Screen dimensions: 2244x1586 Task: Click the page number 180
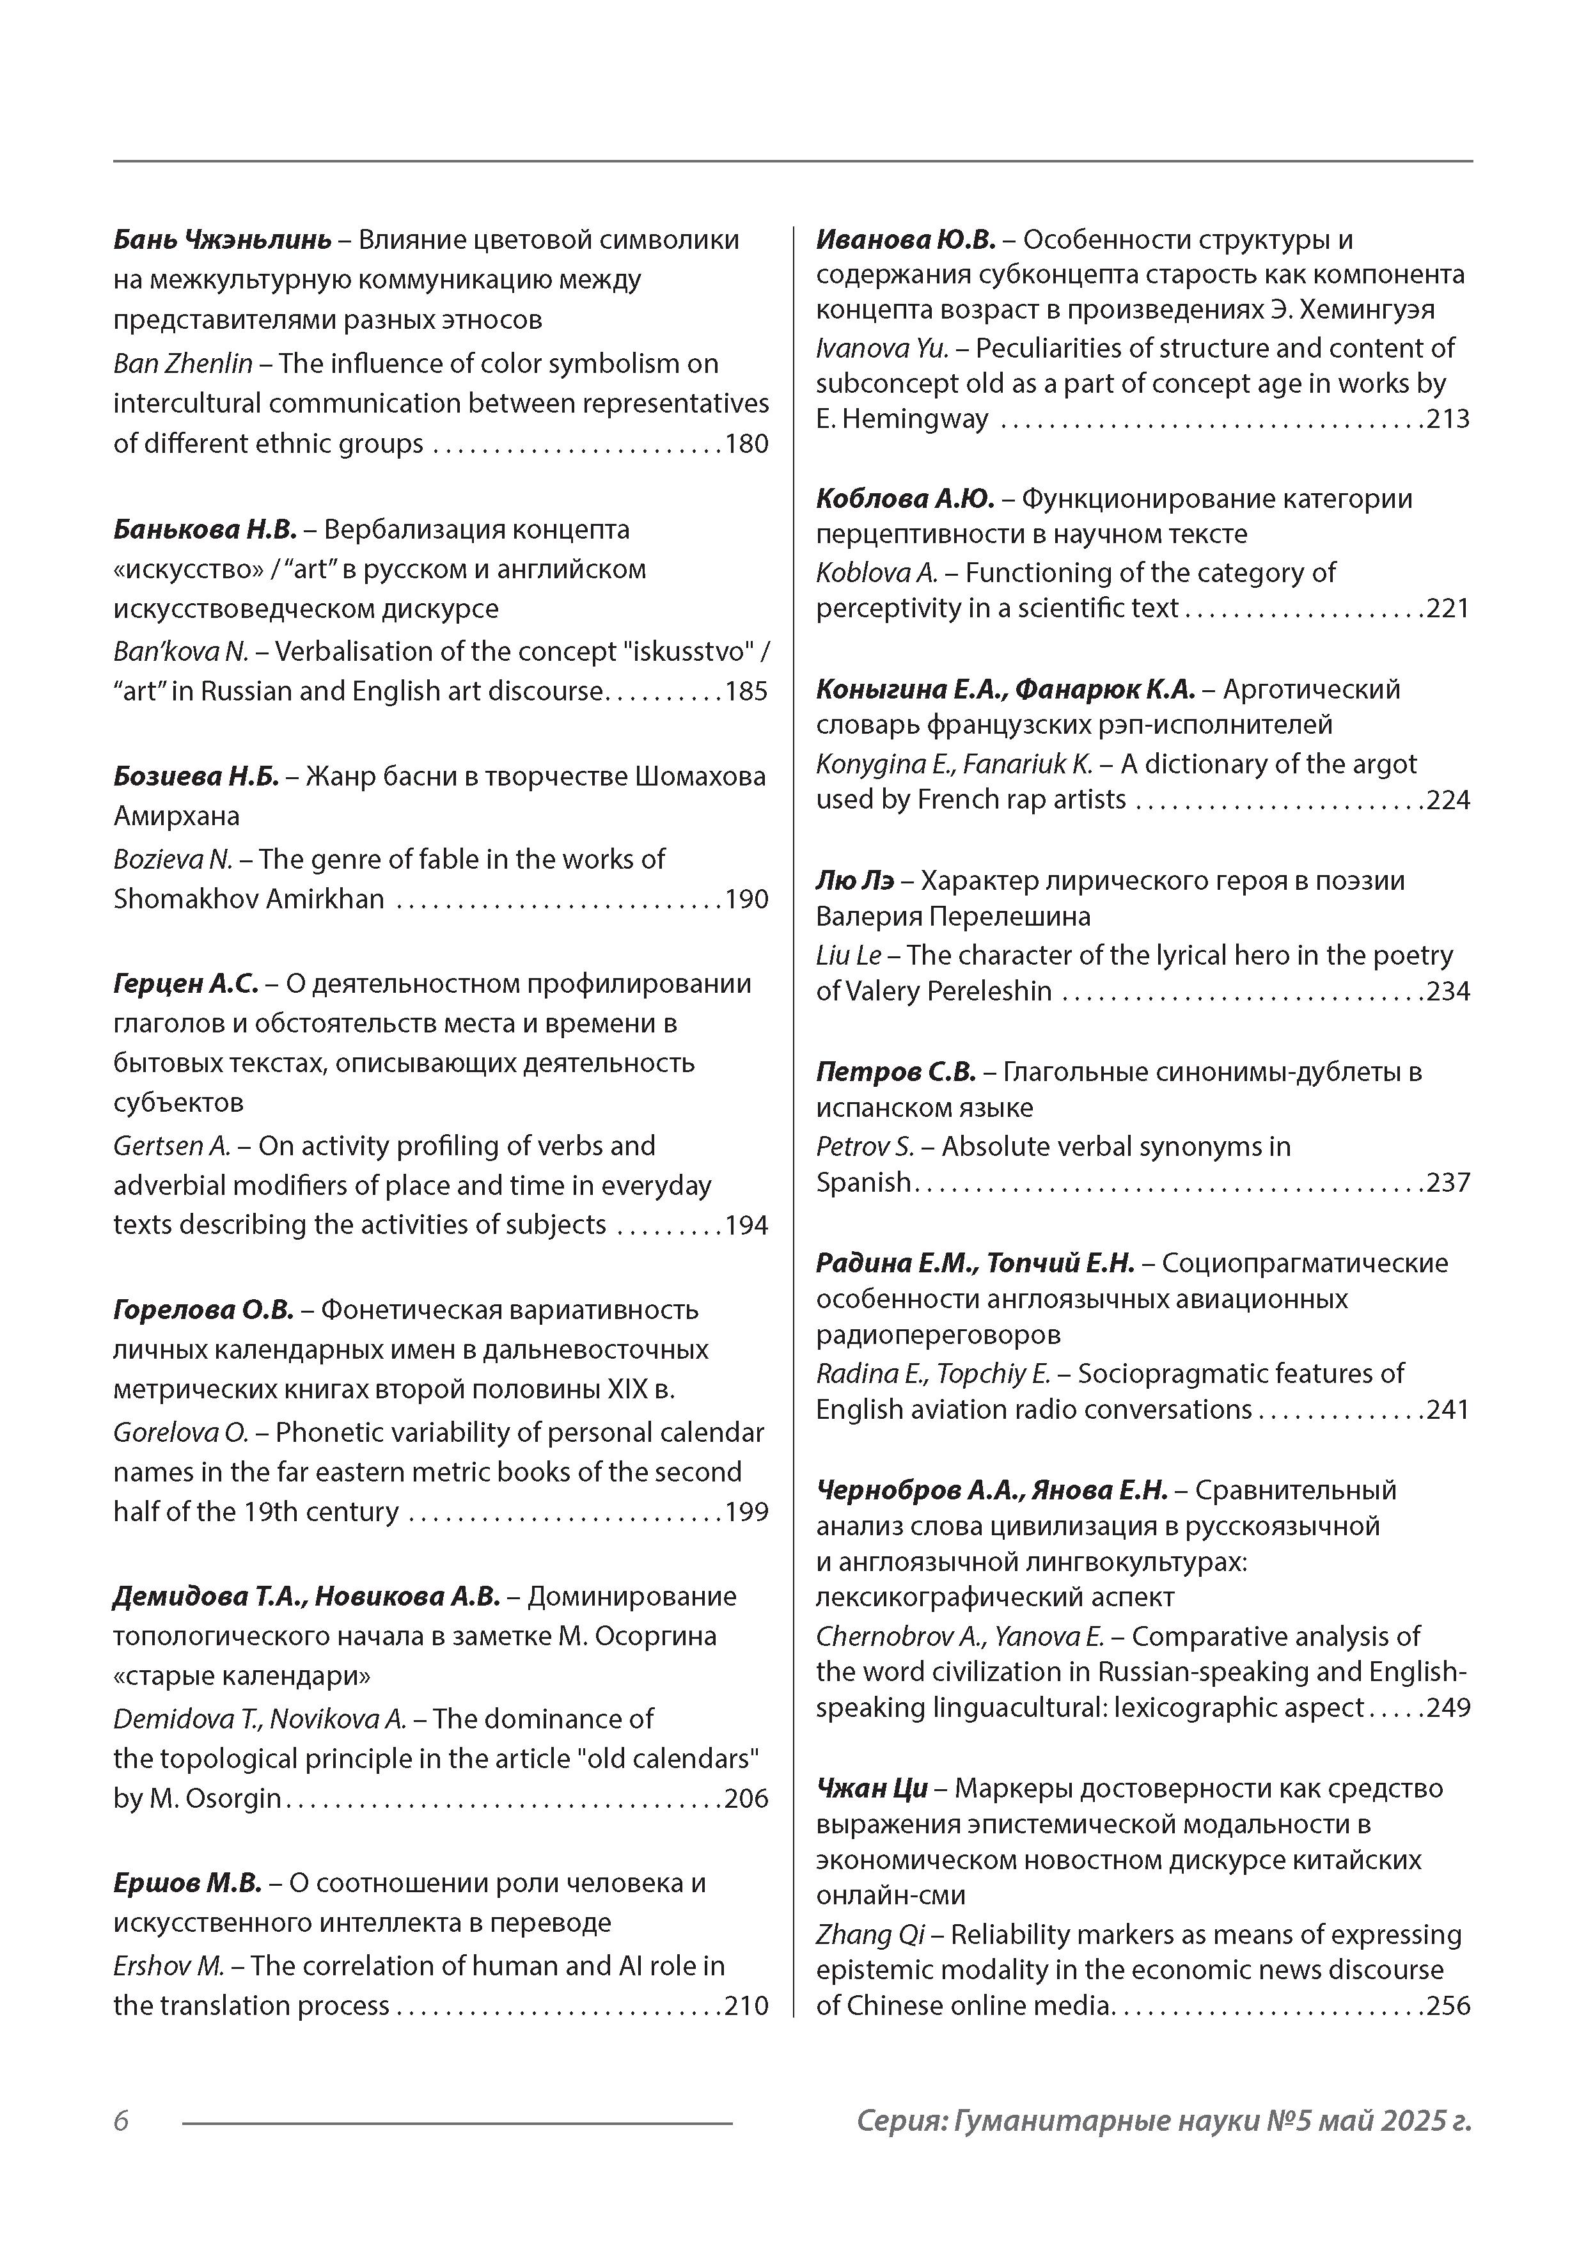click(x=746, y=444)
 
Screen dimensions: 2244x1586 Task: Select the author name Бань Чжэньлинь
click(x=222, y=239)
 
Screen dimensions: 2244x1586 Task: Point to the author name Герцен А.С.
click(x=185, y=983)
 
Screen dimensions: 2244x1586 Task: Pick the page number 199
click(x=746, y=1512)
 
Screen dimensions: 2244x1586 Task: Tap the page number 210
click(x=746, y=2005)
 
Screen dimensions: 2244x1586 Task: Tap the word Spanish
click(x=863, y=1183)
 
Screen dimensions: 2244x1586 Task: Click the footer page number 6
click(x=121, y=2121)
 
